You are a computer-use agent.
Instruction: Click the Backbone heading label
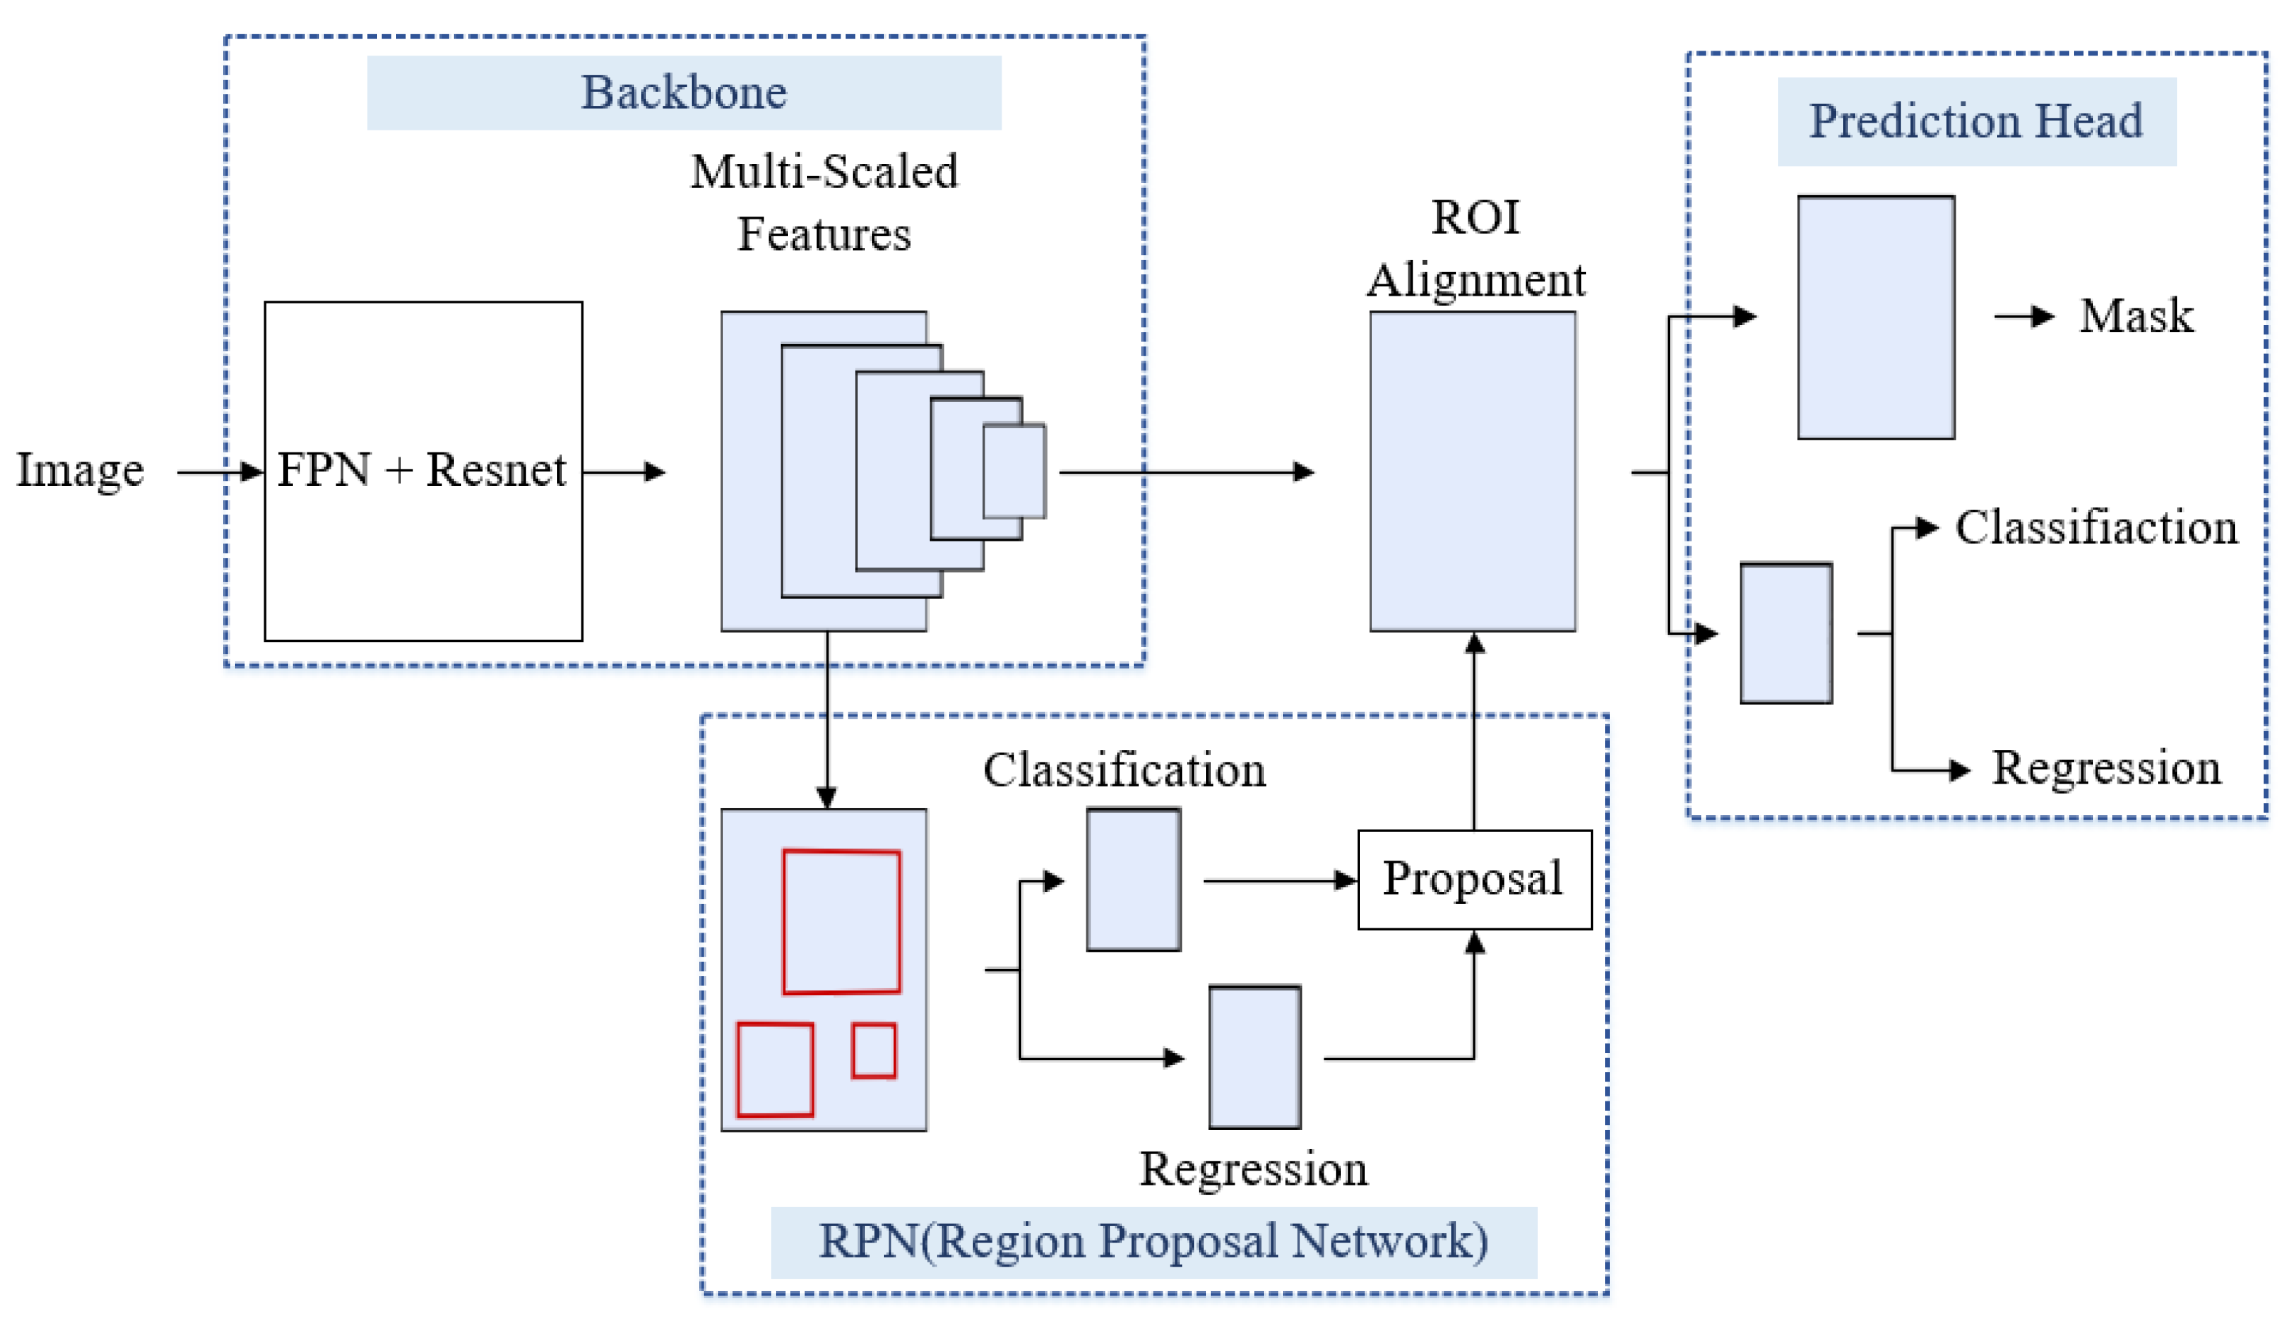[x=683, y=93]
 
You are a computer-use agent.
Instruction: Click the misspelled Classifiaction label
[x=2095, y=528]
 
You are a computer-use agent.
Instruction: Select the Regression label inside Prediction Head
[x=2105, y=769]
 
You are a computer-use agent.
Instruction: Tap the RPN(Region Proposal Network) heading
[x=1153, y=1241]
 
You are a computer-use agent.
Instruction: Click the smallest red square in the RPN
[x=873, y=1050]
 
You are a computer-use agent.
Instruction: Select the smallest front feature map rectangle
[x=1014, y=471]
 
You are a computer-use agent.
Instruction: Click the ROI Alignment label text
[x=1475, y=248]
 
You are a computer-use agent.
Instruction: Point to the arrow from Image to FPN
[x=217, y=472]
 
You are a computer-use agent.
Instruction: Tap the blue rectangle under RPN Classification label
[x=1133, y=879]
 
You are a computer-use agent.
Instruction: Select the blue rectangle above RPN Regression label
[x=1255, y=1057]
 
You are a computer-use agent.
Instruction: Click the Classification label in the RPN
[x=1124, y=770]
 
